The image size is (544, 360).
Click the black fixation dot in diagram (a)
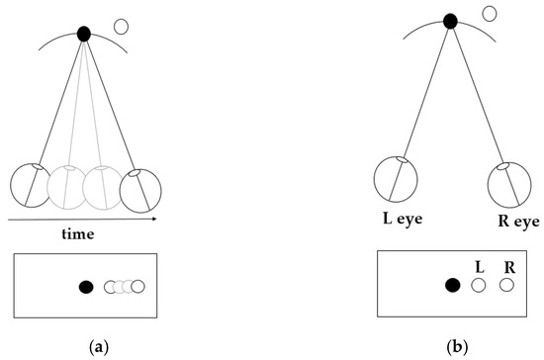(x=84, y=34)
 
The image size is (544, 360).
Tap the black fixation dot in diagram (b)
(x=450, y=21)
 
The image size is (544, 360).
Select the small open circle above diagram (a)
(x=122, y=26)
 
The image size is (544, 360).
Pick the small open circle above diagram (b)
(x=488, y=13)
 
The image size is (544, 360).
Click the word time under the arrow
(x=76, y=234)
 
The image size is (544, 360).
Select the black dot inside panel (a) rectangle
(x=86, y=287)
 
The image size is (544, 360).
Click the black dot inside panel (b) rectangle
(x=452, y=286)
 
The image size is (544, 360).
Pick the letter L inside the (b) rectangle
(x=478, y=267)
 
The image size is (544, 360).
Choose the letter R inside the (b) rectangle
(x=507, y=267)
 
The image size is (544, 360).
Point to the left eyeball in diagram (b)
(x=394, y=180)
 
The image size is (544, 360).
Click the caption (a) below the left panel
(x=98, y=347)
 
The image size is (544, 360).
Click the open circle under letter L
(x=479, y=286)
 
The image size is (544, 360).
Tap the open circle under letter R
(x=507, y=286)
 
